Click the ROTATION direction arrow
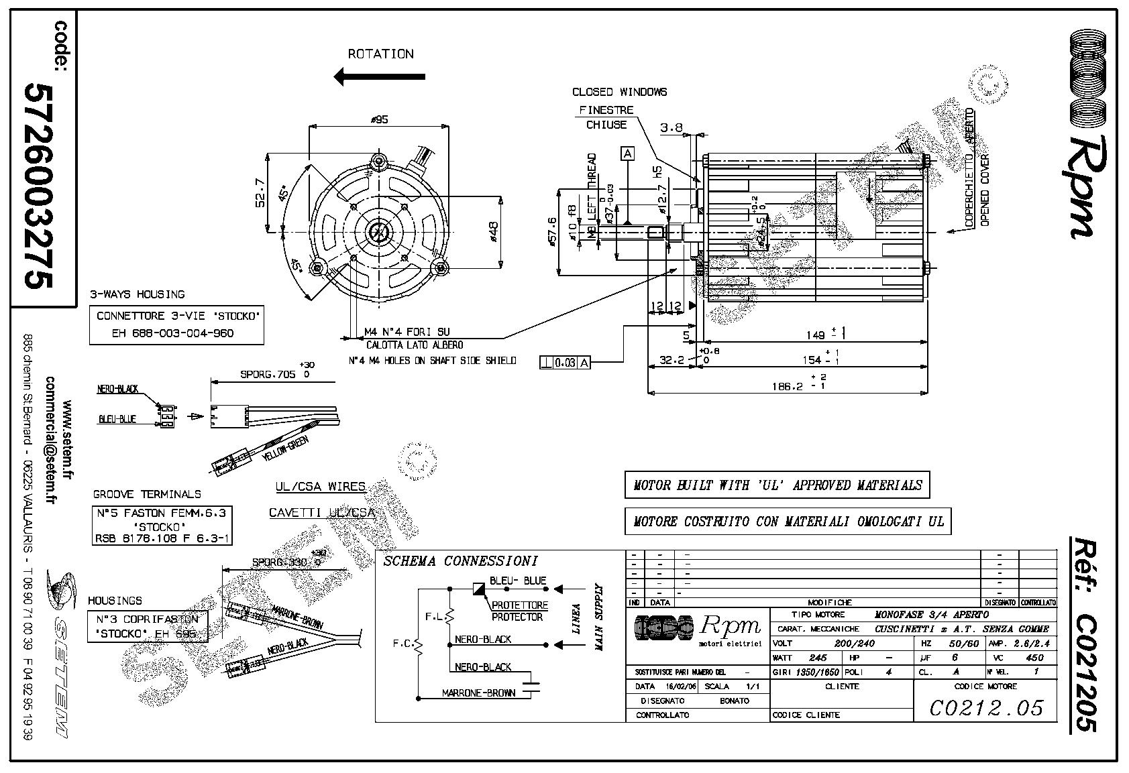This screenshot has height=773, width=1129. coord(379,76)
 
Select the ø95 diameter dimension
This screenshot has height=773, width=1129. coord(380,120)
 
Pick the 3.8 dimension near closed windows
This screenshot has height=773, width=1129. coord(671,127)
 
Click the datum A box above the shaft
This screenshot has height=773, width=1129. coord(628,154)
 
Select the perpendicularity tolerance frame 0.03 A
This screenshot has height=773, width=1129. coord(566,363)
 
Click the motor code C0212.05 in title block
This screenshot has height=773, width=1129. coord(987,708)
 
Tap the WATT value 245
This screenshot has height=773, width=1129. coord(818,658)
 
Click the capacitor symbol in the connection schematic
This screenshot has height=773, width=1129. coord(533,685)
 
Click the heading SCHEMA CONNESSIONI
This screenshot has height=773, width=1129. coord(460,561)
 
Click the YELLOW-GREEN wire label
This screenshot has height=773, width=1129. coord(284,448)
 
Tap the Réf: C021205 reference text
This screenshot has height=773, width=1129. coord(1085,633)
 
